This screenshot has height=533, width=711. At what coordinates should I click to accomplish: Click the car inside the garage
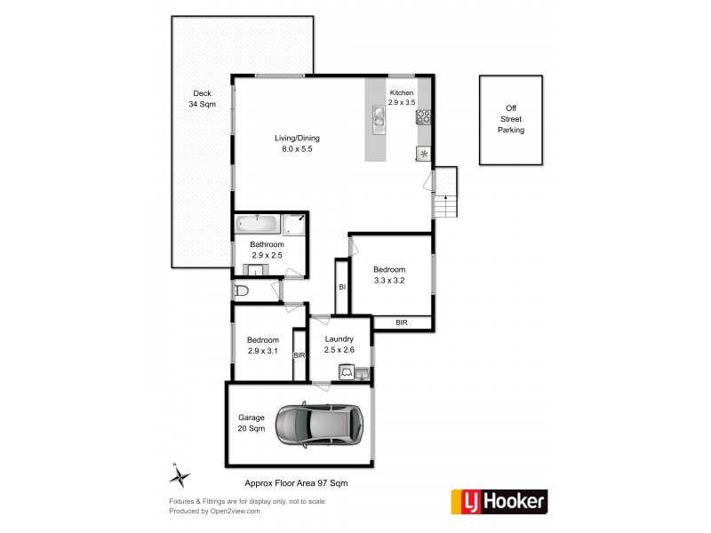click(319, 425)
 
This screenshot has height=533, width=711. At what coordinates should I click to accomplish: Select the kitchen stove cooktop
click(423, 115)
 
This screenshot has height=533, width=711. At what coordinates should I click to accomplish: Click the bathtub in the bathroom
click(257, 224)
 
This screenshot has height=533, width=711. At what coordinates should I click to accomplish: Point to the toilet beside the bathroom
click(243, 290)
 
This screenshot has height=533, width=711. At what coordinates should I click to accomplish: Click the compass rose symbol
click(180, 477)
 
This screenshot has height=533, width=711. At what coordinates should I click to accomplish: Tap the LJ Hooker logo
click(499, 502)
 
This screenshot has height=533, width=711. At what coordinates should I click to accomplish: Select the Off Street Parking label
click(510, 119)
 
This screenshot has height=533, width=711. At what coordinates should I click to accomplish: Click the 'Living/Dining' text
click(297, 138)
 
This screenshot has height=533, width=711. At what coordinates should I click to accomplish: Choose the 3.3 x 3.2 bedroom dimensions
click(389, 281)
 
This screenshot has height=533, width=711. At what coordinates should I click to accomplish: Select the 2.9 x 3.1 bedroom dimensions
click(263, 352)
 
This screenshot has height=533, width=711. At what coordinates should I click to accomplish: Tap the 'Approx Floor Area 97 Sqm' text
click(296, 483)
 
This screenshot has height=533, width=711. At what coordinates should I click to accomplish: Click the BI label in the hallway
click(341, 286)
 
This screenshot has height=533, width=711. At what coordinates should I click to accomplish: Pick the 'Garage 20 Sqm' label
click(252, 423)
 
